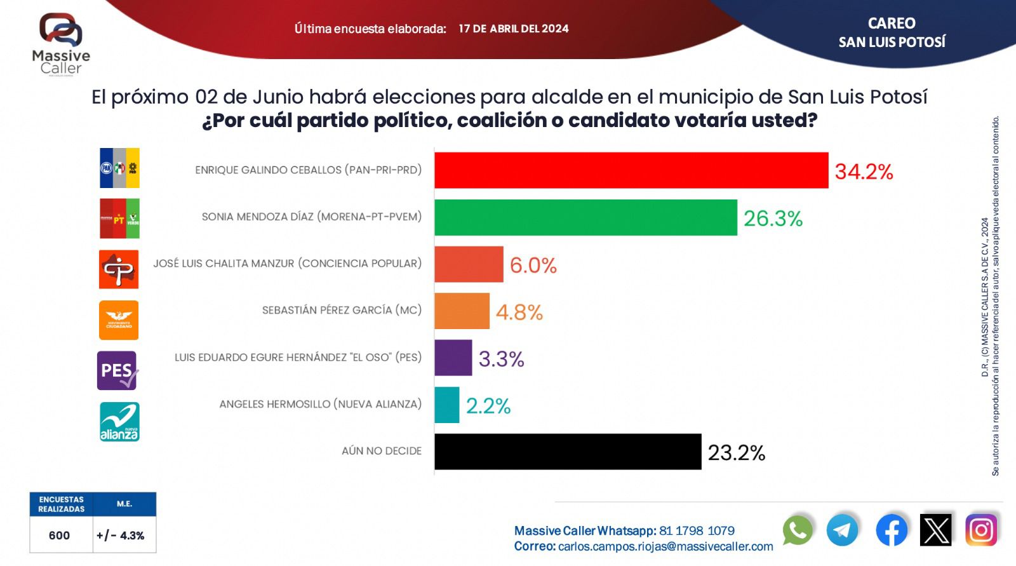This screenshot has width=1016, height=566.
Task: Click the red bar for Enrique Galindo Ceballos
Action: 631,170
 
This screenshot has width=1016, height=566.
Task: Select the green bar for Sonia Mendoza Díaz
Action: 585,217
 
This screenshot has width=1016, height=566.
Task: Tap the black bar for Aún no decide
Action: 568,452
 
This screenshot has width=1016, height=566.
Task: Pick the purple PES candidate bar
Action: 453,358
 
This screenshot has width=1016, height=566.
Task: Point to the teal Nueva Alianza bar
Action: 446,405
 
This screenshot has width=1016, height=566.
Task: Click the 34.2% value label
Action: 864,172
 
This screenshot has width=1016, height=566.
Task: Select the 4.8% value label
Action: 519,312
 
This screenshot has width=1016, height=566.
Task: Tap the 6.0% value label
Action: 533,265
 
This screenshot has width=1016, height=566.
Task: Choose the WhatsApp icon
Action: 798,530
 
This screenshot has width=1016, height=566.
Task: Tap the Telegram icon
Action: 843,530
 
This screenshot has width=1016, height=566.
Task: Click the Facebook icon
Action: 892,530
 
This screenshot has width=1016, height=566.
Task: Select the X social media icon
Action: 936,530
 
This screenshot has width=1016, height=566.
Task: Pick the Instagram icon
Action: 981,530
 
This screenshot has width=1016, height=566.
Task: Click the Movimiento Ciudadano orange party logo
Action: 119,320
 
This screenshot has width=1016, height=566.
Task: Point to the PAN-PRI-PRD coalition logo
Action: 119,168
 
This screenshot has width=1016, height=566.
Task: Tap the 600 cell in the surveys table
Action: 59,536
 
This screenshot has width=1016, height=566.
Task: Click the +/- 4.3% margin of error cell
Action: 121,536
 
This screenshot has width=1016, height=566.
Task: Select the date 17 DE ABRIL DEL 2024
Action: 513,29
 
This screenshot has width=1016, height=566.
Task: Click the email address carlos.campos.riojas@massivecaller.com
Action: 665,546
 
